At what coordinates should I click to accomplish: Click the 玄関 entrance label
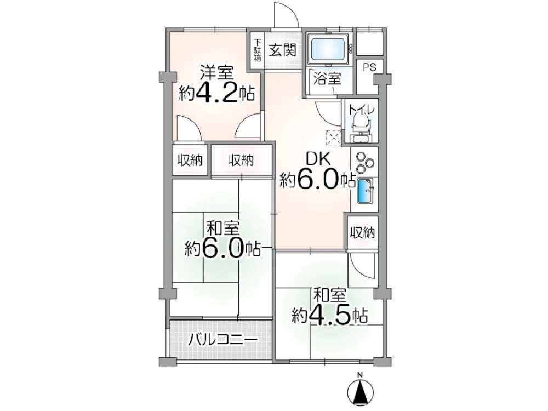point(283,50)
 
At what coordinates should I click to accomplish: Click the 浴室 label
point(327,78)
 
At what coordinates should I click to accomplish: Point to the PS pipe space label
point(369,68)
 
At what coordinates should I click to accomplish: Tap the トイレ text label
point(362,110)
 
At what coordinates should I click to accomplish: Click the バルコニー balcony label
point(222,340)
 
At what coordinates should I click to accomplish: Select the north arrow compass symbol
point(360,392)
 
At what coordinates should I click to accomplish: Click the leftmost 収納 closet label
point(190,161)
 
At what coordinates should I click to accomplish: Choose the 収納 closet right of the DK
point(362,233)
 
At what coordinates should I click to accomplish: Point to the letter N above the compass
point(360,375)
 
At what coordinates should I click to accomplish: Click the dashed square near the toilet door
point(333,136)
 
